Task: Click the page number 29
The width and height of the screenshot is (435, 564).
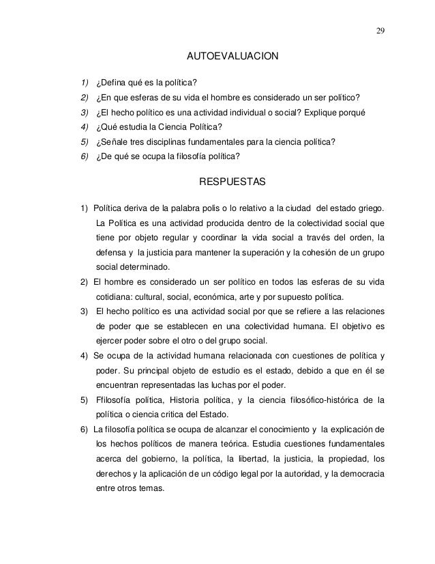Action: point(378,29)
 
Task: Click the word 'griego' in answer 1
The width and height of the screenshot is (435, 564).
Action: point(370,208)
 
